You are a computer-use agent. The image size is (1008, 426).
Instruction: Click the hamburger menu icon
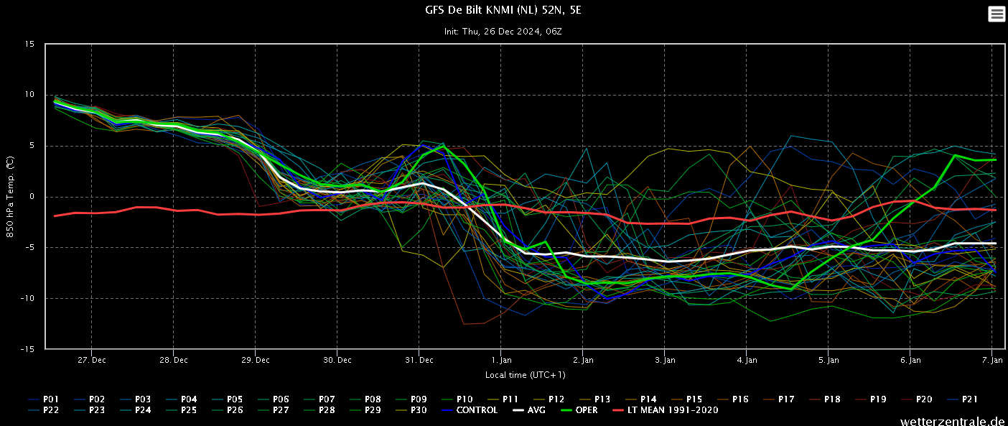[997, 14]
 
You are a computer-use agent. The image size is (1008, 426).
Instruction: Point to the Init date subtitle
[503, 32]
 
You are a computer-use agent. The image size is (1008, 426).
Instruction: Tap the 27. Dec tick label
[92, 360]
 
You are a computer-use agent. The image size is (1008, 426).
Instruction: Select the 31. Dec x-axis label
[419, 360]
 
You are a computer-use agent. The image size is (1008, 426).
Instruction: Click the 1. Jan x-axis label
[501, 360]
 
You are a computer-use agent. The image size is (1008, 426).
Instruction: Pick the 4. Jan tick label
[747, 360]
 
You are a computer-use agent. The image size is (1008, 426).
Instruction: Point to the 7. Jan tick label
[992, 360]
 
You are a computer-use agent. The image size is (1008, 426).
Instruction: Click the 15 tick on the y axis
[29, 44]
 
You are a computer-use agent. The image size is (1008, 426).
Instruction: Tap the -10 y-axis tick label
[27, 298]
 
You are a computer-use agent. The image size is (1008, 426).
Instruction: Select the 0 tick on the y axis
[32, 196]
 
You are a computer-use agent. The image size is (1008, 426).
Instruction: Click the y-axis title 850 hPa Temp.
[10, 197]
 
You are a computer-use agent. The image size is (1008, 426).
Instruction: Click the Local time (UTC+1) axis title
[525, 375]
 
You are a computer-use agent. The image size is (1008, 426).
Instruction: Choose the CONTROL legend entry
[470, 410]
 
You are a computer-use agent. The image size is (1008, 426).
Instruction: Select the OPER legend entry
[579, 410]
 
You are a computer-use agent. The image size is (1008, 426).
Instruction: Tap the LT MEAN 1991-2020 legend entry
[666, 410]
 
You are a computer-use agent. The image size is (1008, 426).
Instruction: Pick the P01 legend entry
[44, 399]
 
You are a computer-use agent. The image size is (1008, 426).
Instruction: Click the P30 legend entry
[411, 410]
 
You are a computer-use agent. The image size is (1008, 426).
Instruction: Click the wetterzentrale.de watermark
[953, 421]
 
